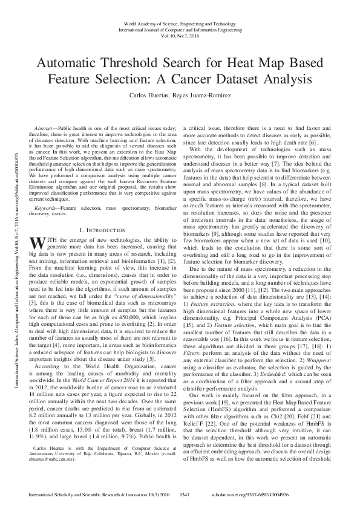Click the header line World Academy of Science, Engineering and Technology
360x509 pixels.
[180, 21]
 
